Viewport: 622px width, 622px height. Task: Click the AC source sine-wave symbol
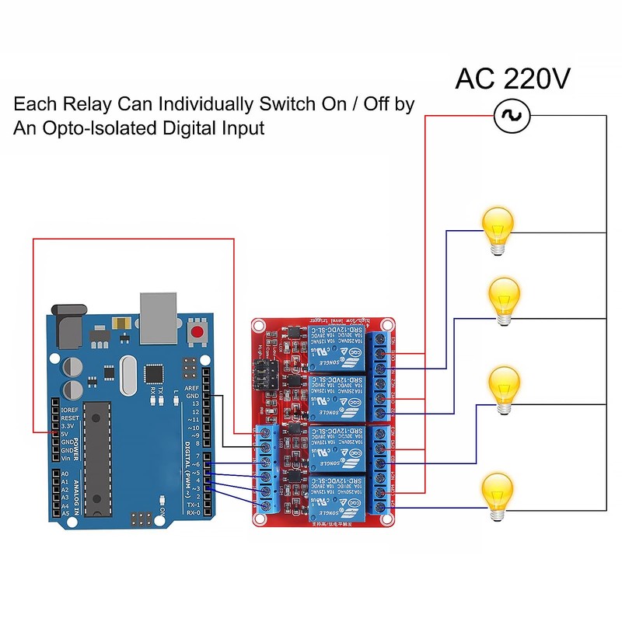click(512, 116)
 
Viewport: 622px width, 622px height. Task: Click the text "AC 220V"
click(512, 79)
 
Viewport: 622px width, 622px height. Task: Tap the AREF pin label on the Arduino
click(193, 388)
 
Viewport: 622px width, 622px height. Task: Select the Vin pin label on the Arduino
click(67, 459)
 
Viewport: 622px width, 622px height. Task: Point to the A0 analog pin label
click(65, 473)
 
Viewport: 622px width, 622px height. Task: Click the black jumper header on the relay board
click(263, 376)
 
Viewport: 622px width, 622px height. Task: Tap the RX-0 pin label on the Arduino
click(194, 512)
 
